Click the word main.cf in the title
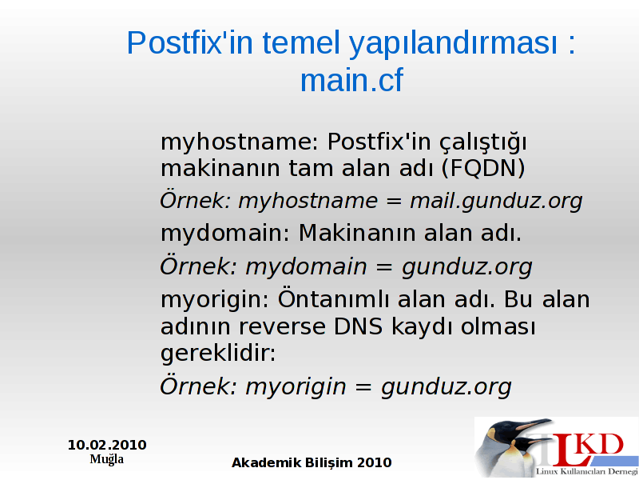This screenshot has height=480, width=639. click(x=351, y=80)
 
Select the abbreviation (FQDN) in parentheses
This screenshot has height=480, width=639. click(x=483, y=169)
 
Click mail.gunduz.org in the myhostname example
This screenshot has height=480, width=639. click(x=496, y=202)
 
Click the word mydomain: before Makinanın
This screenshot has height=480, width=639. click(x=225, y=234)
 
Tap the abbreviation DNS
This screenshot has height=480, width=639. click(x=358, y=326)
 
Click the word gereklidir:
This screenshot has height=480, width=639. click(x=218, y=353)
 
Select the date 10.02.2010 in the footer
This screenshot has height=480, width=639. click(x=107, y=445)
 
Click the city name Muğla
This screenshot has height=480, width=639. click(x=107, y=459)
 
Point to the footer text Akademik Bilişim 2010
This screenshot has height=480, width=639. click(x=312, y=463)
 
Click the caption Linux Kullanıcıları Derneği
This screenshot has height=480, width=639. click(x=586, y=471)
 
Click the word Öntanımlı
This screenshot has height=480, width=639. click(x=333, y=299)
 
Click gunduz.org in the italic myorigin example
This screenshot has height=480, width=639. click(x=447, y=387)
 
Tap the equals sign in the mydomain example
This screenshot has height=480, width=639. click(x=384, y=268)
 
